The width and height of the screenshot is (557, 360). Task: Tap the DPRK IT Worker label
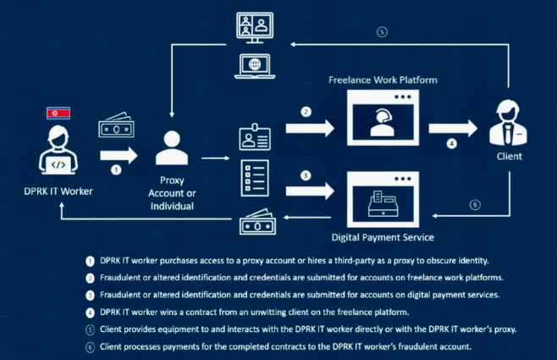click(55, 191)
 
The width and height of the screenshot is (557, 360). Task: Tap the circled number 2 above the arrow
click(307, 111)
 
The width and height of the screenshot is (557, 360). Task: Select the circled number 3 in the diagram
click(307, 175)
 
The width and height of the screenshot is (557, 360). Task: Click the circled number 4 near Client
click(452, 143)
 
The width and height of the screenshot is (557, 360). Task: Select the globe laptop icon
click(255, 64)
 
